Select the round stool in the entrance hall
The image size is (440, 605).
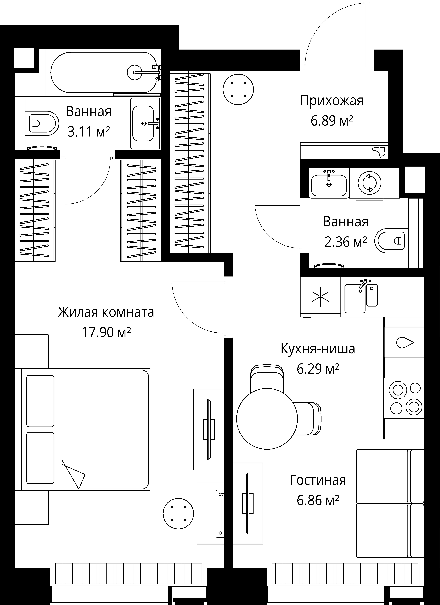point(238,89)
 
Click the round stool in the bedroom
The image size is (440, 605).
point(178,514)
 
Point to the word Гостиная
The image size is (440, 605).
point(318,480)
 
